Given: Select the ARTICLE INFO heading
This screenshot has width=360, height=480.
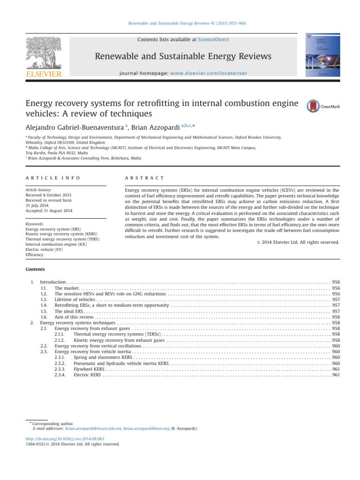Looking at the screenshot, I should coord(52,178).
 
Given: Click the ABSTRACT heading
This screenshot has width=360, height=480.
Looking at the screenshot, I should coord(144,178).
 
